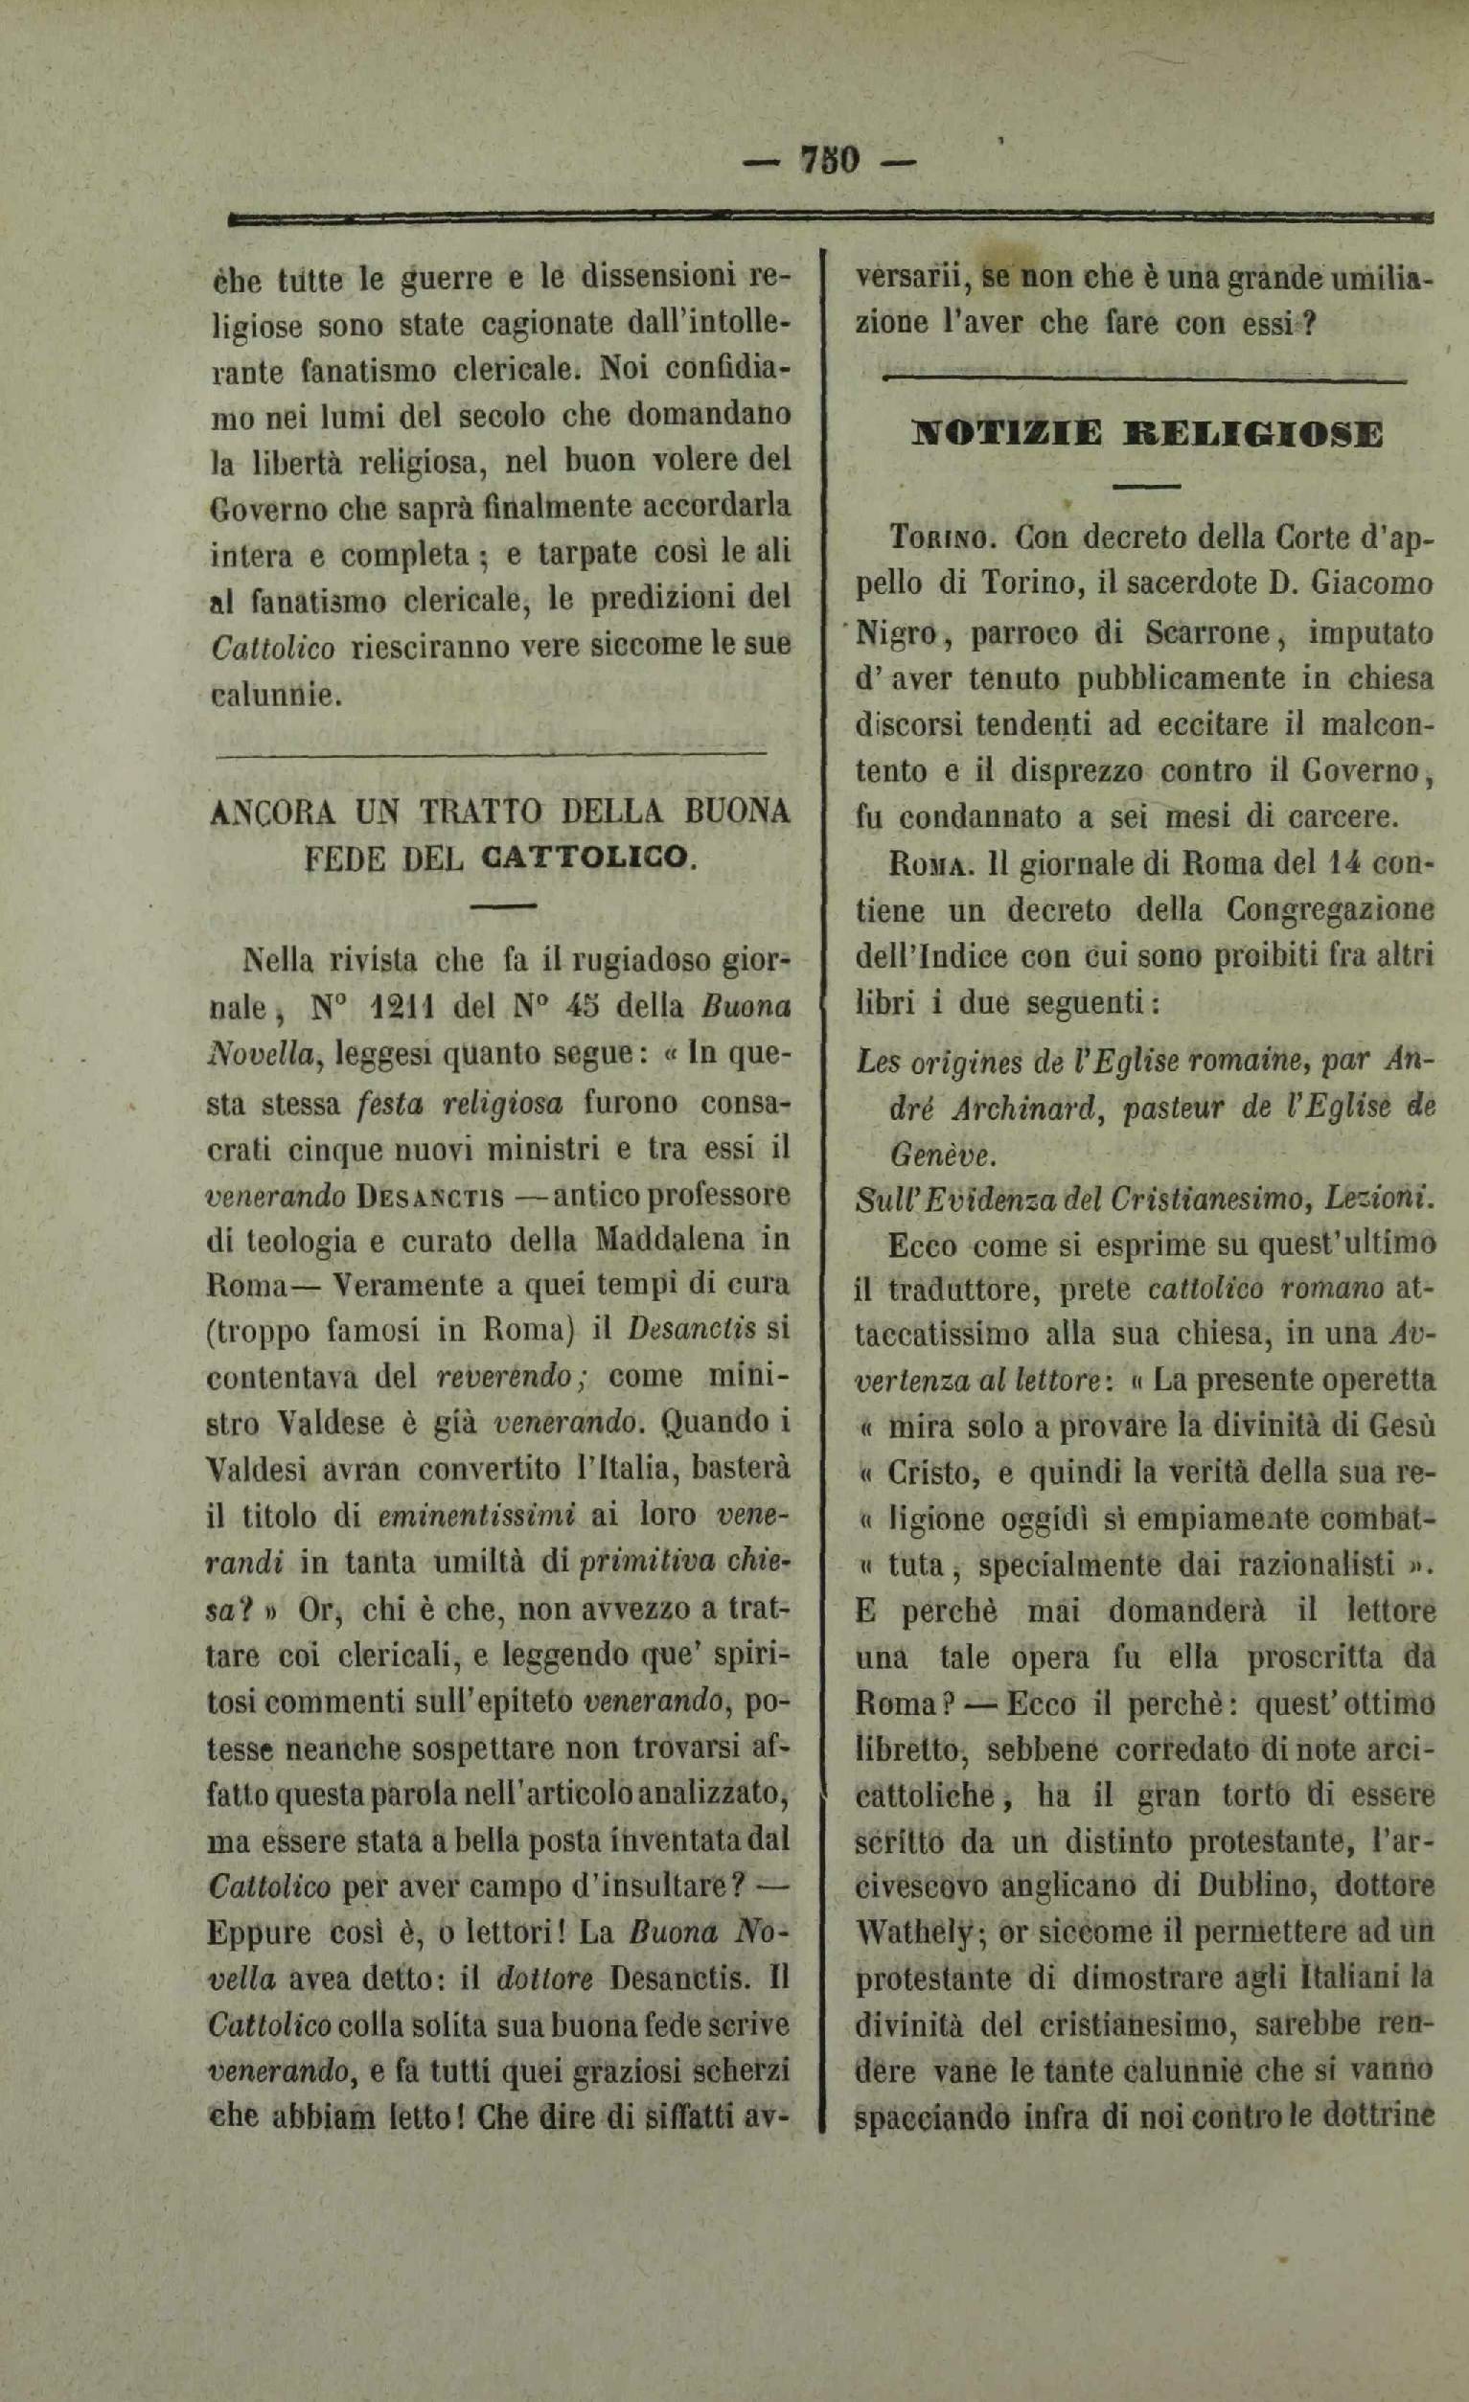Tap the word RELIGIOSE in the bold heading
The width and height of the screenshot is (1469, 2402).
tap(1252, 433)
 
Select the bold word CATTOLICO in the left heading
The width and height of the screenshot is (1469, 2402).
tap(586, 858)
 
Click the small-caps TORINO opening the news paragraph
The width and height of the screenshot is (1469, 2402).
tap(944, 539)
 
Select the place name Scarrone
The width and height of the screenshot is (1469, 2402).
tap(1210, 633)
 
